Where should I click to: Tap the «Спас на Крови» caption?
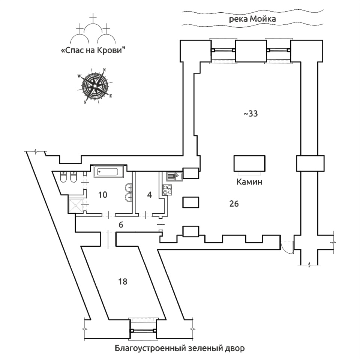(x=92, y=51)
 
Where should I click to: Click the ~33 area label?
(x=250, y=114)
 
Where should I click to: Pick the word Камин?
(x=249, y=182)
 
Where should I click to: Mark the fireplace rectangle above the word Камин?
(x=250, y=163)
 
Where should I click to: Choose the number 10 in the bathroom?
(x=103, y=195)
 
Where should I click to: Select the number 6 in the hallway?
(x=121, y=225)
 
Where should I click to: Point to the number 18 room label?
(x=122, y=281)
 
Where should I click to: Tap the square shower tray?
(x=76, y=205)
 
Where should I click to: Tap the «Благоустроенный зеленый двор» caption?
(x=180, y=349)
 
